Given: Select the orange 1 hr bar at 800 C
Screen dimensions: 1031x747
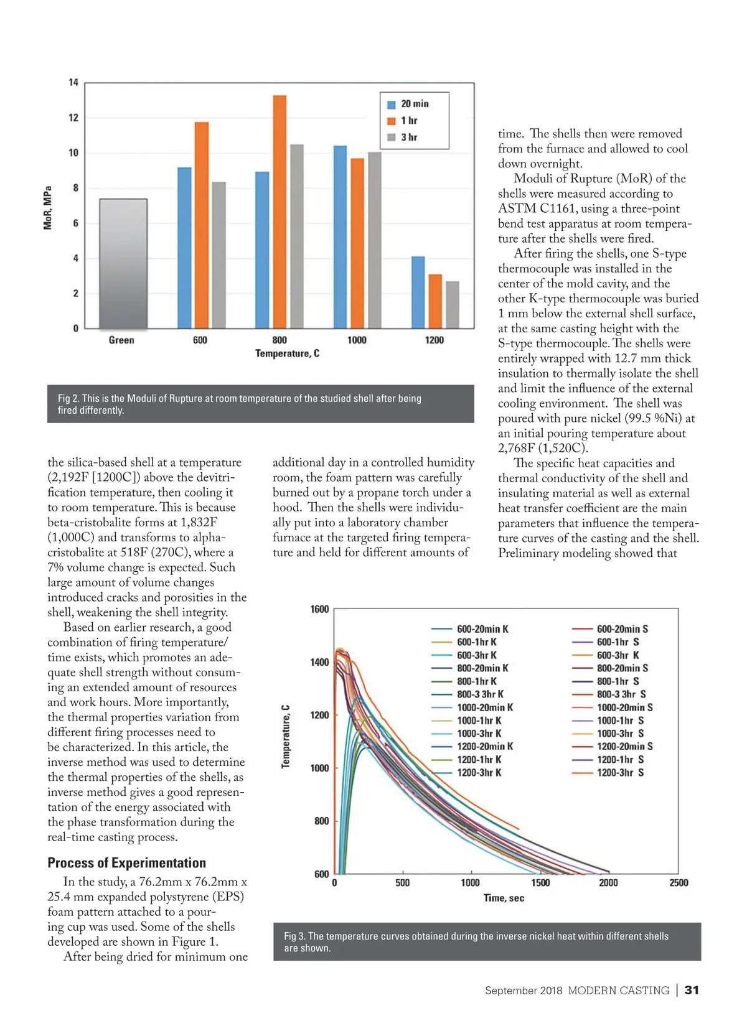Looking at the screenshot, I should click(x=280, y=212).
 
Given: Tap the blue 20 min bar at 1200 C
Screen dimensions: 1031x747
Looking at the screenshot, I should click(x=418, y=292).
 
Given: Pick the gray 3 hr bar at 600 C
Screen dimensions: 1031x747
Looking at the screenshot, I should click(x=218, y=255).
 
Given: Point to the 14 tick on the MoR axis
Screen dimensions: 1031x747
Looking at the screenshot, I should click(x=73, y=83).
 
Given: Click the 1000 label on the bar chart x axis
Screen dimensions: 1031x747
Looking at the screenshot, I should click(x=357, y=340).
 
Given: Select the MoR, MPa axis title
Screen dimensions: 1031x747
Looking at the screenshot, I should click(x=48, y=207).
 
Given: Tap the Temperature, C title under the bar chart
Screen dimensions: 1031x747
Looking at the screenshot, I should click(x=287, y=353).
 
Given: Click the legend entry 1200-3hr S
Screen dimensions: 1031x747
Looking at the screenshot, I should click(x=619, y=772).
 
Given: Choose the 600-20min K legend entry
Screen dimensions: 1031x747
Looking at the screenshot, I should click(x=482, y=629).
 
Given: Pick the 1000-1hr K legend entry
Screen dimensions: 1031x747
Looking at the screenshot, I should click(x=479, y=721).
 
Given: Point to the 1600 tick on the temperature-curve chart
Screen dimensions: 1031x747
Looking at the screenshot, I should click(x=319, y=609).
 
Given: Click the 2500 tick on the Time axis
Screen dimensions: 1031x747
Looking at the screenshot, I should click(x=679, y=882).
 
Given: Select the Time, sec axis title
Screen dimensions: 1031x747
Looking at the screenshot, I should click(x=504, y=898).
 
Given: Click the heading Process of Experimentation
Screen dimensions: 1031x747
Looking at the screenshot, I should click(x=126, y=862).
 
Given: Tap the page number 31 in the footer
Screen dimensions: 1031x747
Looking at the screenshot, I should click(x=692, y=990).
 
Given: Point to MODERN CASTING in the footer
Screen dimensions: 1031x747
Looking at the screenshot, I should click(x=618, y=990).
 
